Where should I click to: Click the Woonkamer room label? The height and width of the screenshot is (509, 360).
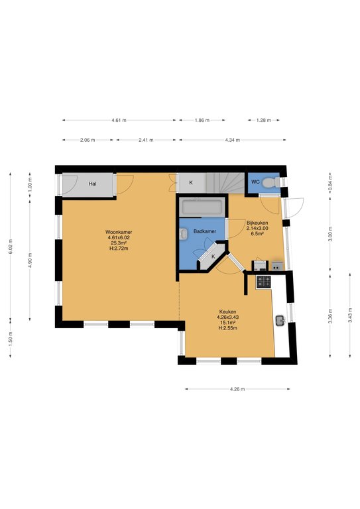click(119, 232)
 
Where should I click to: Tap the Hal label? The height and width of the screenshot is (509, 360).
click(93, 184)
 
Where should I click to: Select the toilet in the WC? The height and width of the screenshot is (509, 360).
click(270, 182)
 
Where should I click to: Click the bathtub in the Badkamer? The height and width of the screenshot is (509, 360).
click(202, 207)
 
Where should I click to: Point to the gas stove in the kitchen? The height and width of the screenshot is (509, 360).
click(264, 282)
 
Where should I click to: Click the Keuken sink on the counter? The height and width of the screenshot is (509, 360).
click(280, 321)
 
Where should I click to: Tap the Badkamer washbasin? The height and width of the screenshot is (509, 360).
click(183, 234)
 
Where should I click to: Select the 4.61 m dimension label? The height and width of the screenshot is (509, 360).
click(119, 120)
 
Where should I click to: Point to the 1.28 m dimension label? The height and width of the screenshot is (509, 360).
click(264, 120)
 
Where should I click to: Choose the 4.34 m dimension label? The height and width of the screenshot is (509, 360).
click(233, 141)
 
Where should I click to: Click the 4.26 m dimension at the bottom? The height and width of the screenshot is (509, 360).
click(237, 389)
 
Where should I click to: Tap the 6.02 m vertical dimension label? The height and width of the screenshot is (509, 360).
click(11, 247)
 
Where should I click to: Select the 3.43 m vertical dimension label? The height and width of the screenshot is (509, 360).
click(350, 315)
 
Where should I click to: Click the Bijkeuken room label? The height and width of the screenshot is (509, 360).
click(257, 223)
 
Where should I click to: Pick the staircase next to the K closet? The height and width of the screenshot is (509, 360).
click(225, 183)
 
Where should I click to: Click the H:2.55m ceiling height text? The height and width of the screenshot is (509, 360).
click(227, 328)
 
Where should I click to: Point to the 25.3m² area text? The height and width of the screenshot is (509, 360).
click(119, 243)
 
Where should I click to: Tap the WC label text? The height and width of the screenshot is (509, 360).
click(255, 182)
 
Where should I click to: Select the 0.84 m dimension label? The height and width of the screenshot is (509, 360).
click(330, 182)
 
